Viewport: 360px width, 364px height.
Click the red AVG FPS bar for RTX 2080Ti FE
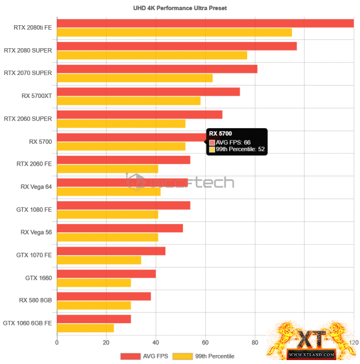[x=205, y=24]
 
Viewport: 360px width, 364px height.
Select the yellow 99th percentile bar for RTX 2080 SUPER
[x=152, y=55]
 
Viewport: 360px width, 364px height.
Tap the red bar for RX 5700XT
[x=149, y=92]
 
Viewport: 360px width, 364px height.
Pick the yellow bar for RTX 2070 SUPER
[x=135, y=78]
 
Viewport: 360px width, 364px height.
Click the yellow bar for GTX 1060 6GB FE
[x=85, y=328]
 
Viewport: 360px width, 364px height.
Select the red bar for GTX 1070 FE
[x=111, y=251]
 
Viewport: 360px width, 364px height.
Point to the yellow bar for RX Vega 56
[x=108, y=237]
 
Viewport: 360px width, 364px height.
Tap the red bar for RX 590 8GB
[x=104, y=296]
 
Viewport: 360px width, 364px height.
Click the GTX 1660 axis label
[x=39, y=278]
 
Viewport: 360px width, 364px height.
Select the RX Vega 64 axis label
[x=36, y=187]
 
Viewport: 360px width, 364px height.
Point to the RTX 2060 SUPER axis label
[x=28, y=119]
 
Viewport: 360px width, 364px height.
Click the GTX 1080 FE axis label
[x=34, y=209]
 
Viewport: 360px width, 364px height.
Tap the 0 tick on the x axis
[x=57, y=342]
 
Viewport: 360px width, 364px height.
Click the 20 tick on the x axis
[x=106, y=342]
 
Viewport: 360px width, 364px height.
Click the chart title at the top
[x=179, y=8]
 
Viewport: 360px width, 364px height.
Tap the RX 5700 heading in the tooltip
[x=220, y=134]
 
